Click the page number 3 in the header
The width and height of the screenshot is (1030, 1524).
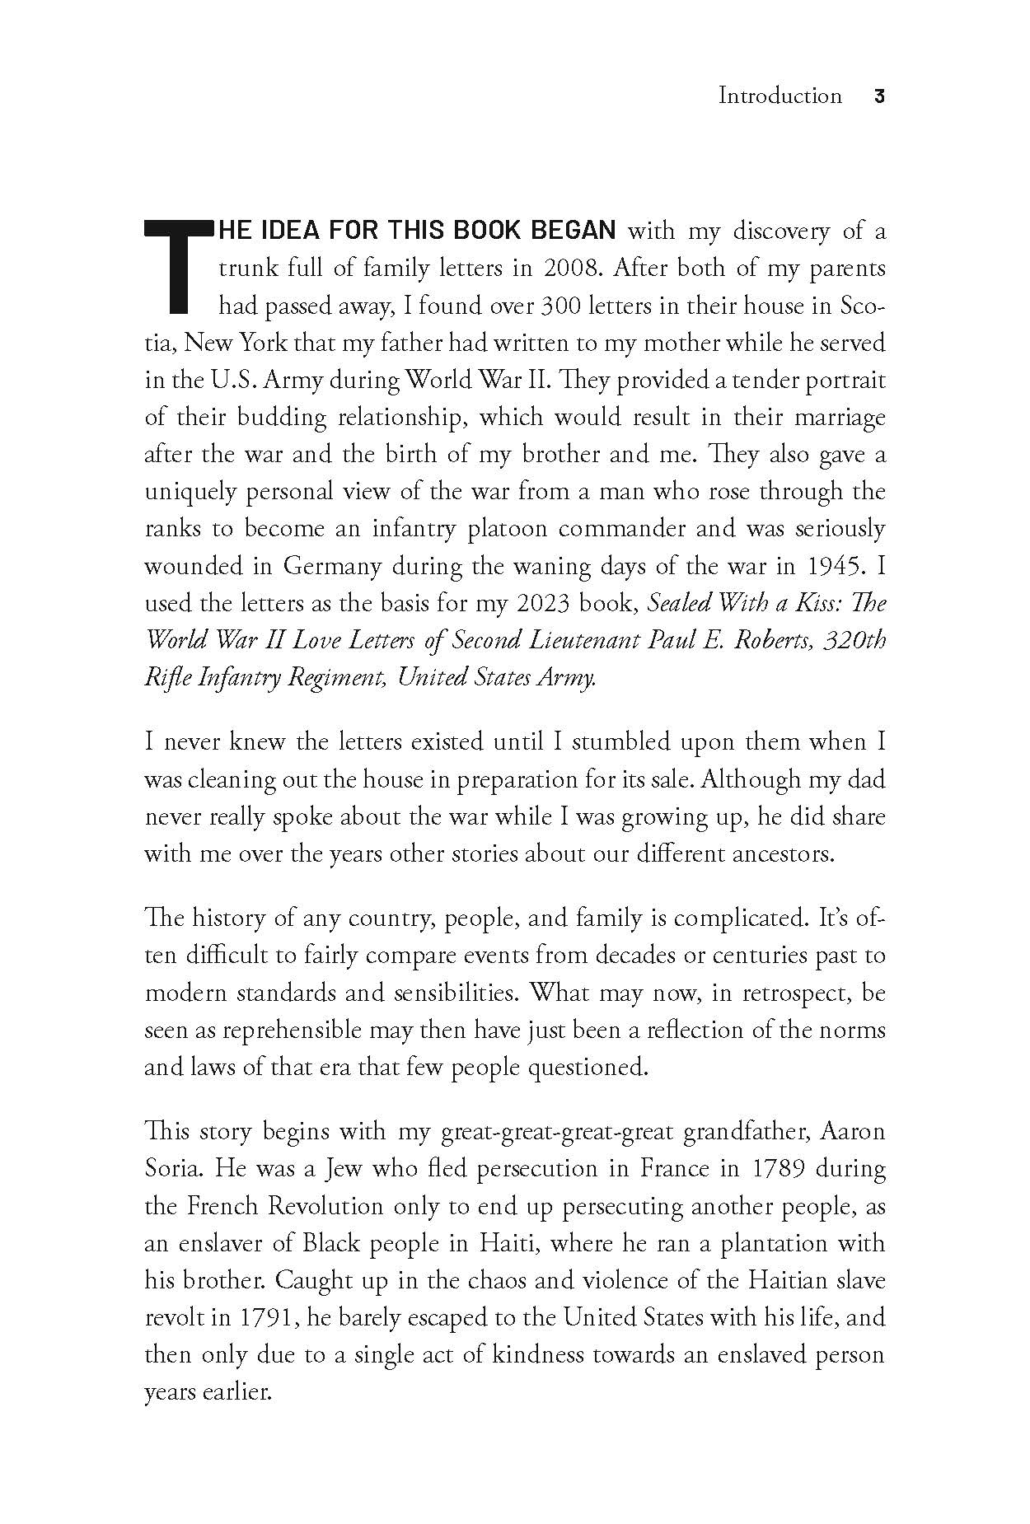[x=878, y=96]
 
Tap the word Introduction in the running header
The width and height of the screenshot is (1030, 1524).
[x=780, y=96]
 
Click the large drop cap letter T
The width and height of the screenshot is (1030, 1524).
[x=175, y=267]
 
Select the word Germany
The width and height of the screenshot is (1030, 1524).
[x=333, y=566]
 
